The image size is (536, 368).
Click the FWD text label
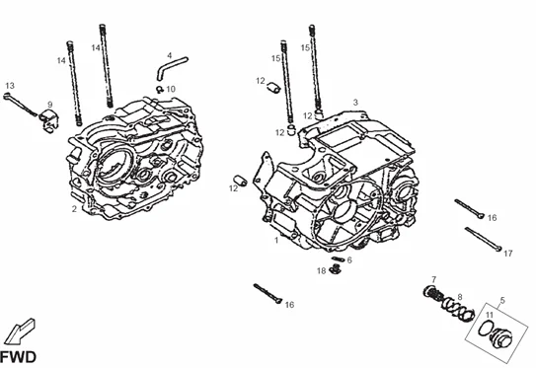click(x=18, y=357)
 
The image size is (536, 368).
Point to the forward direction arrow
click(x=20, y=331)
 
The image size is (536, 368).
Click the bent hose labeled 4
click(x=171, y=68)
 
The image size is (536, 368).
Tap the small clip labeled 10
click(x=160, y=90)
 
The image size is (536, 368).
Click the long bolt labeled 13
click(x=21, y=105)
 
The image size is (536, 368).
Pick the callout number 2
click(x=74, y=209)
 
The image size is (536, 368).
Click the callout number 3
click(x=355, y=102)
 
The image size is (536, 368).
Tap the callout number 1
click(x=276, y=240)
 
